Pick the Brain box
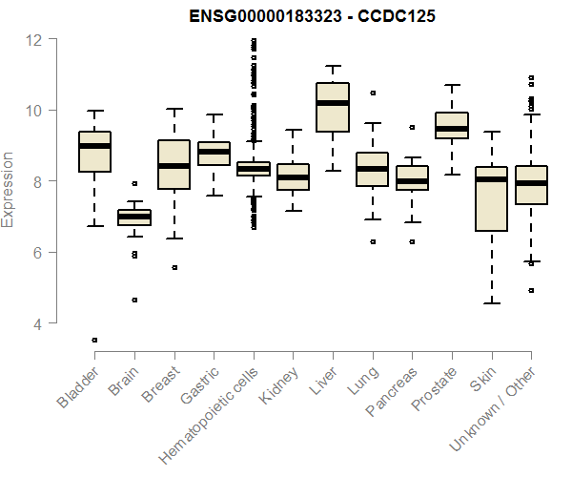(133, 218)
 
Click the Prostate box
(452, 126)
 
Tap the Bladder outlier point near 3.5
(94, 340)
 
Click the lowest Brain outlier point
(134, 300)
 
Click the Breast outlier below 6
(174, 268)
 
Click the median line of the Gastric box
(214, 152)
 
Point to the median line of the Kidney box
(293, 176)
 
